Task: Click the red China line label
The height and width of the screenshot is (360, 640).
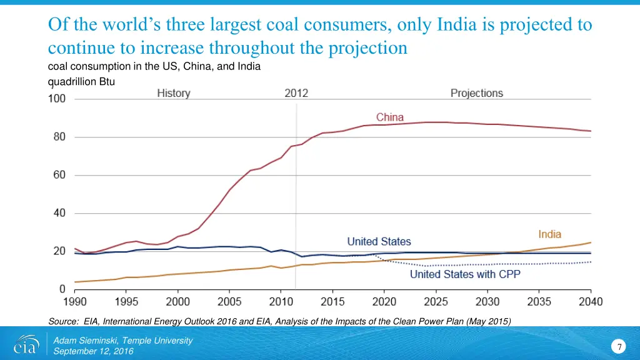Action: [389, 117]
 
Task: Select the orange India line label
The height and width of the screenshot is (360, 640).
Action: [549, 234]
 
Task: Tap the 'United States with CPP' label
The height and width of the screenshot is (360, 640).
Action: [465, 274]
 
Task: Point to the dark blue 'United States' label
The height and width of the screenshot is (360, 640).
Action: [379, 241]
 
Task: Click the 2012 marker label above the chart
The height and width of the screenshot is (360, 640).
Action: [296, 93]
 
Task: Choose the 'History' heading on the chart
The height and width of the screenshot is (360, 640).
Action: [173, 93]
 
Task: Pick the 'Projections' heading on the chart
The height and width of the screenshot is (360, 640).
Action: [476, 93]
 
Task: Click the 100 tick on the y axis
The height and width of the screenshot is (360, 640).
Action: [57, 99]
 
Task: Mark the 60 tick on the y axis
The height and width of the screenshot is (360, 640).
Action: [59, 175]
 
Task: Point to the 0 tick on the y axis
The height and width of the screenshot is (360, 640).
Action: [62, 289]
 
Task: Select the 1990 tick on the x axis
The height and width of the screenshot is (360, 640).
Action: [74, 302]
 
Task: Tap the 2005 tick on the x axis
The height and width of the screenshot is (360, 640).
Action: [229, 302]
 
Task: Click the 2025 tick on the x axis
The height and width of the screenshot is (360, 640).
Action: [436, 302]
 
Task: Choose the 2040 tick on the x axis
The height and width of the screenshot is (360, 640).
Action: [591, 302]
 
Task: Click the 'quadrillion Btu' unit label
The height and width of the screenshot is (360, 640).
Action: [81, 81]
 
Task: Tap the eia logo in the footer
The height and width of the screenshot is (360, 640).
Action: [26, 345]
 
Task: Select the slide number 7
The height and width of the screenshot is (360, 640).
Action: [619, 347]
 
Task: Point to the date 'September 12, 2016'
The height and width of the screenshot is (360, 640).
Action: [93, 351]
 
